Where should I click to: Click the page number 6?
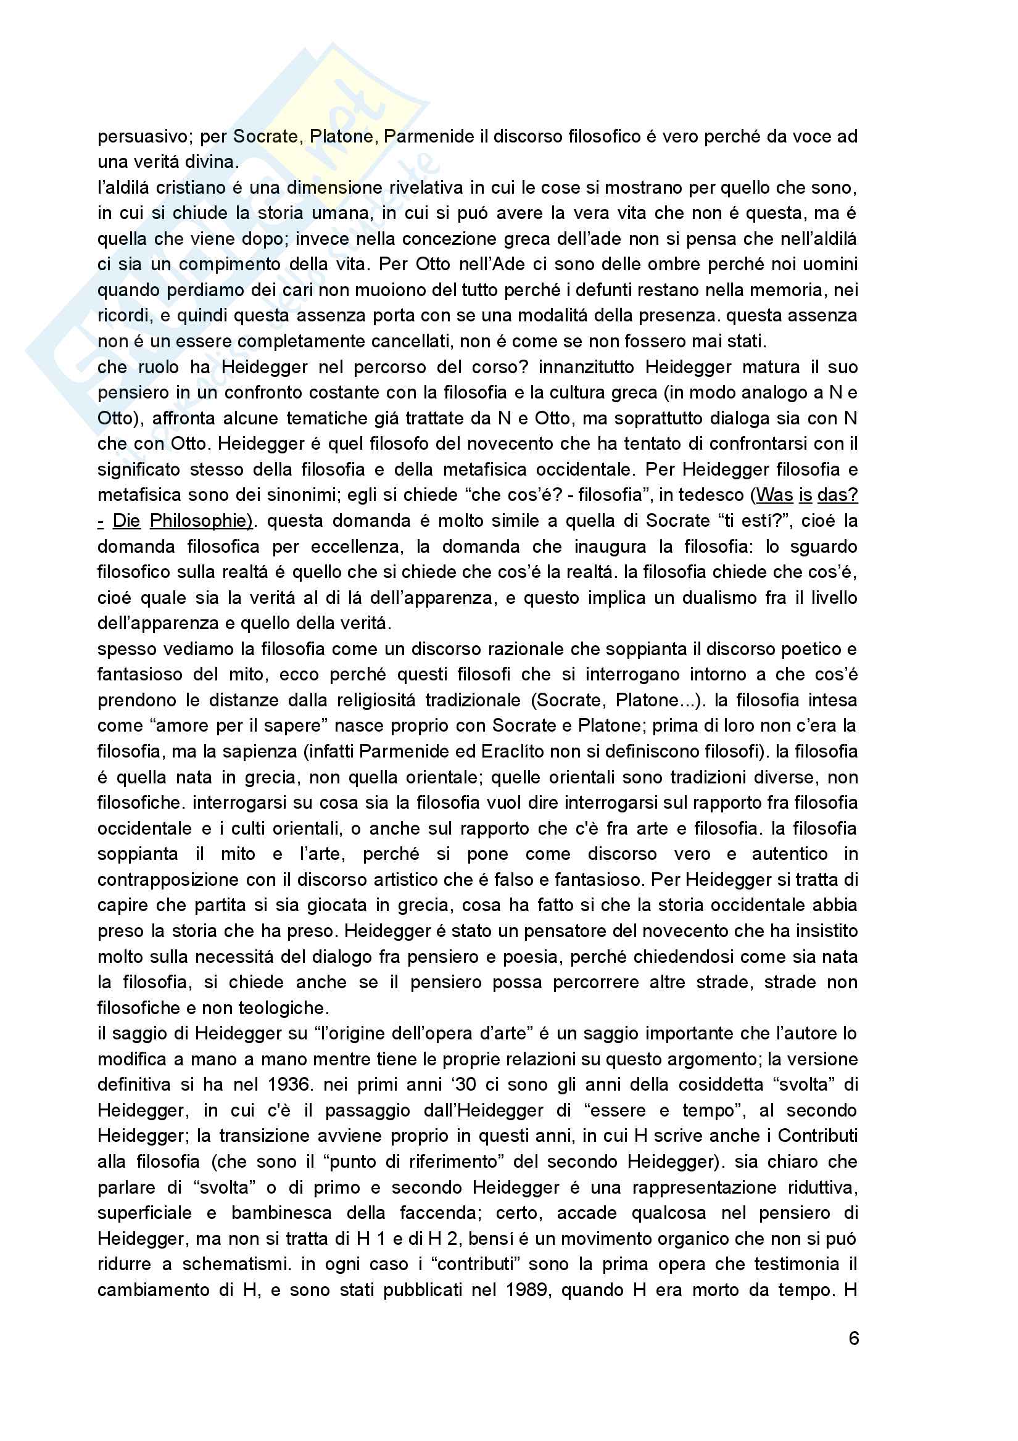(x=853, y=1338)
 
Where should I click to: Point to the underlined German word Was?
(x=775, y=495)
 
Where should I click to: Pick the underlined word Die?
(x=126, y=520)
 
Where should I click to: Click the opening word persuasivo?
(x=143, y=136)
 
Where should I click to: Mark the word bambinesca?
(x=283, y=1213)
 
